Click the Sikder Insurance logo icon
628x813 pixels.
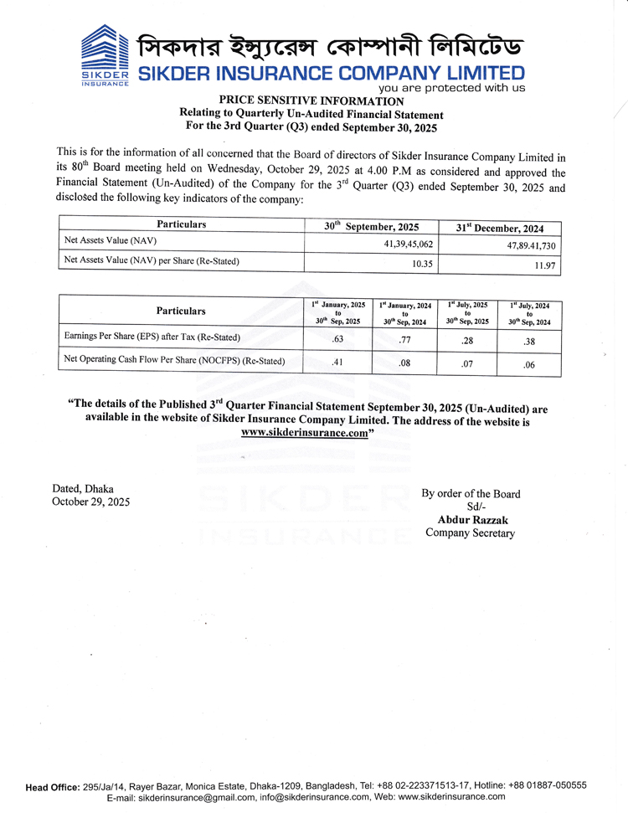[105, 54]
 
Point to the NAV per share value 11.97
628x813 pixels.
[544, 266]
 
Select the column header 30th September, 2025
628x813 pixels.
[371, 226]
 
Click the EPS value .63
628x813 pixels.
[338, 339]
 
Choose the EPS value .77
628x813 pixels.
[404, 340]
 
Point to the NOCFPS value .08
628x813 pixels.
[404, 363]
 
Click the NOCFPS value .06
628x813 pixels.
[528, 365]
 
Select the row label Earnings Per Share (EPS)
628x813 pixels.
[152, 337]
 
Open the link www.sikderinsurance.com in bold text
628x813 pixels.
[305, 434]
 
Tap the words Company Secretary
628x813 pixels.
[470, 533]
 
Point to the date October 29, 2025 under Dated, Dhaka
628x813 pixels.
[91, 502]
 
